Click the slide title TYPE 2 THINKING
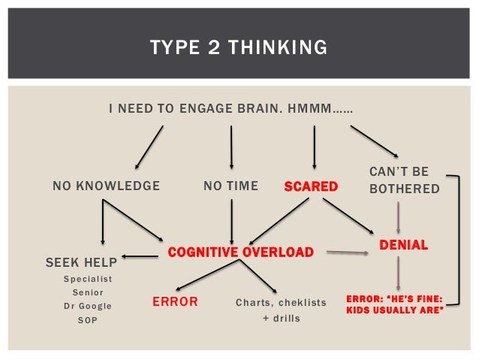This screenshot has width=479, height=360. (239, 49)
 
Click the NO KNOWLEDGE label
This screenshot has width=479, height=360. (106, 186)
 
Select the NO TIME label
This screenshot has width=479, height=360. (230, 186)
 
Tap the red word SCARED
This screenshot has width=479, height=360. (311, 186)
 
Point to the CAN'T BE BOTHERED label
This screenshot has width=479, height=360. (404, 180)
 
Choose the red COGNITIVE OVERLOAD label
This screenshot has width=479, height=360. (240, 252)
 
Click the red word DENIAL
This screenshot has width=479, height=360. (403, 245)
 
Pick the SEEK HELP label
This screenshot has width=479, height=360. (81, 262)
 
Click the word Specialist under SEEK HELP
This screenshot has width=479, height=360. (87, 278)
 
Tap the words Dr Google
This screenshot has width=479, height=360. (87, 306)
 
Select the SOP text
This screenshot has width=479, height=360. (87, 320)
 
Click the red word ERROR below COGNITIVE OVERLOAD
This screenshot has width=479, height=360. (175, 302)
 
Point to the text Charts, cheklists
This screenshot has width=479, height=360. (281, 303)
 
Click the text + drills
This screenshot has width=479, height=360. (281, 318)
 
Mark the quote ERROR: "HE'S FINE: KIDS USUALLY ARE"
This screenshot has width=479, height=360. (394, 303)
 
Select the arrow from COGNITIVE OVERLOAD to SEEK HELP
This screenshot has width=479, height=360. (140, 257)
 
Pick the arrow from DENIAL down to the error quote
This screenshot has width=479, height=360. (398, 273)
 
